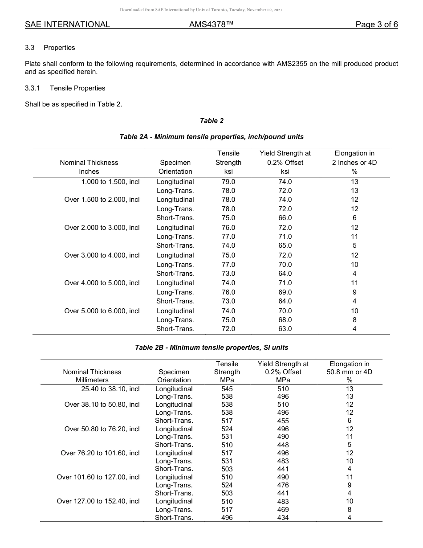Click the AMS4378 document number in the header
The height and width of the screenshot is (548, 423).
tap(211, 25)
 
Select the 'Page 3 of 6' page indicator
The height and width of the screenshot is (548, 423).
tap(376, 25)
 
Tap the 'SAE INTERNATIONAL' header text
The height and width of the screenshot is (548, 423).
tap(67, 25)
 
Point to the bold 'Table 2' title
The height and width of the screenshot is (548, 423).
tap(211, 121)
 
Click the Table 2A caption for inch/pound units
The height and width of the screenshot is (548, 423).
tap(211, 137)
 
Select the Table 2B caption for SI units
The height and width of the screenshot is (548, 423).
tap(211, 348)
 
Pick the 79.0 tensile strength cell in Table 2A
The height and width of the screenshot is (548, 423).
tap(228, 182)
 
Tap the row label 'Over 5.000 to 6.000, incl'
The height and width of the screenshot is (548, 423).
tap(102, 311)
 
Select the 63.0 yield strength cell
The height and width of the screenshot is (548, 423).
tap(285, 329)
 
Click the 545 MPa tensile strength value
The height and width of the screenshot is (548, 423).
tap(227, 389)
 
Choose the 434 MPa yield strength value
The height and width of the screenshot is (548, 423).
tap(283, 518)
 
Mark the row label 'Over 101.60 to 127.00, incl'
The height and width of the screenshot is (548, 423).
tap(98, 477)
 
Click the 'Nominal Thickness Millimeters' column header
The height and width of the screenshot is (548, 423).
tap(92, 376)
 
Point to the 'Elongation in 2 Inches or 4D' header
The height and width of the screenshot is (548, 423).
tap(354, 162)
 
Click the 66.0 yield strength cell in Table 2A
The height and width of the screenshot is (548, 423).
tap(285, 218)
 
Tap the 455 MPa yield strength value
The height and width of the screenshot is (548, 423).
tap(283, 421)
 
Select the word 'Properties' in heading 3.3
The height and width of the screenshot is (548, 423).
tap(59, 48)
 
